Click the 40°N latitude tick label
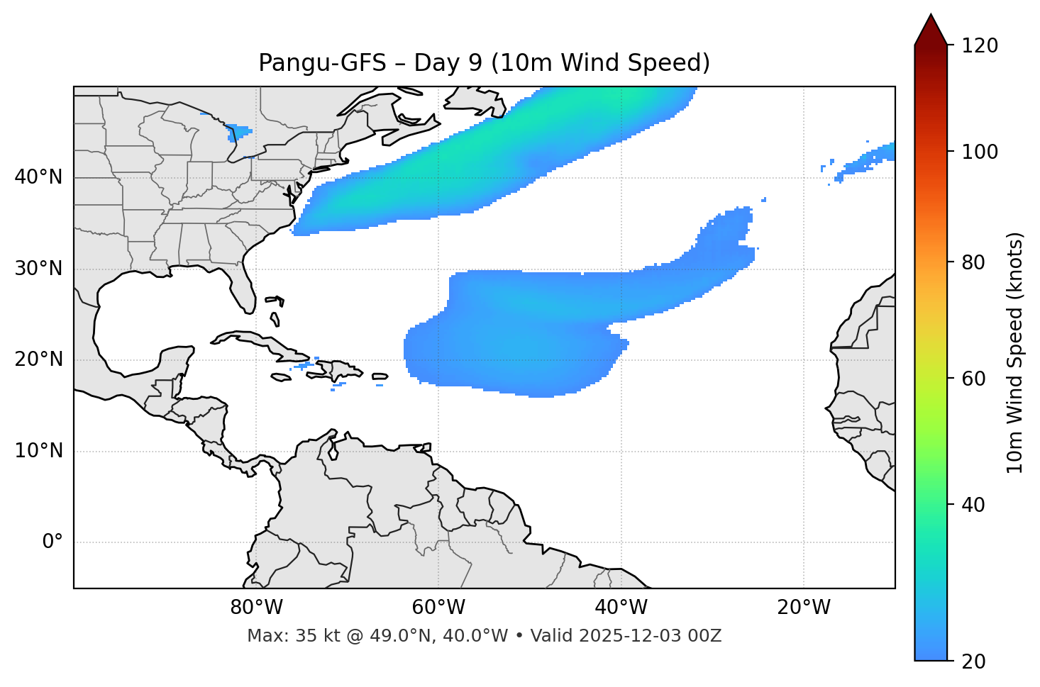[38, 177]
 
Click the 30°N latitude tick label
[38, 269]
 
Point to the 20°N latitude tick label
[38, 359]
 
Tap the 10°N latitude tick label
[38, 451]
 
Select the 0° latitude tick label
[52, 542]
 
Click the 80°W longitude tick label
[256, 608]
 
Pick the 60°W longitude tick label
[438, 608]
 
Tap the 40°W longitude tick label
[621, 608]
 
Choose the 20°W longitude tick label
[803, 608]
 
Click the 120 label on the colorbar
[980, 46]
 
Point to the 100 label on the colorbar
[980, 152]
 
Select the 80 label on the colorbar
[973, 263]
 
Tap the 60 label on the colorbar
[973, 379]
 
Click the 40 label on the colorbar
[973, 505]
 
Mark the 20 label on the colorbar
[973, 661]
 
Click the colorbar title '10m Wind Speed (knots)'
[1015, 353]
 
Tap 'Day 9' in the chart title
[448, 63]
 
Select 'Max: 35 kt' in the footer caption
[287, 636]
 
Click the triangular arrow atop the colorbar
[931, 30]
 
